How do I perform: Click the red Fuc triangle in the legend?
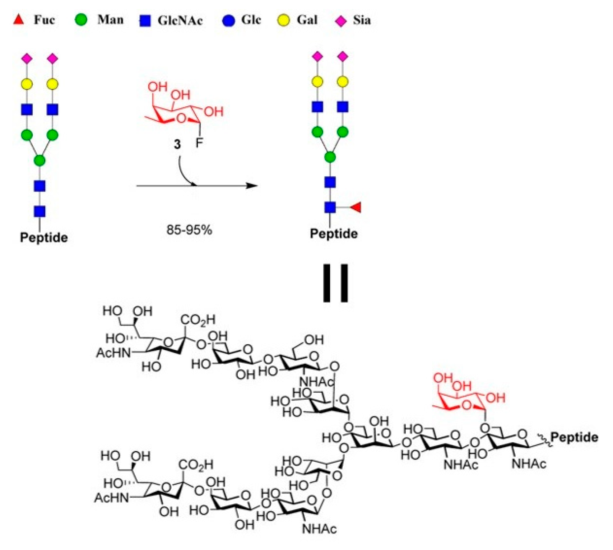[x=18, y=20]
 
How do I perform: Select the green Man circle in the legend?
[x=81, y=20]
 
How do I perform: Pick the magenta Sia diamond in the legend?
[x=340, y=21]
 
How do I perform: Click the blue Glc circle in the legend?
[x=228, y=20]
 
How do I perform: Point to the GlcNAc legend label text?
[x=180, y=20]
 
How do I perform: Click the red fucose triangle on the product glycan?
[x=356, y=208]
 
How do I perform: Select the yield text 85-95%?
[x=189, y=230]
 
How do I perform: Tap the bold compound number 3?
[x=177, y=144]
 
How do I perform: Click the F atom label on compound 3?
[x=199, y=143]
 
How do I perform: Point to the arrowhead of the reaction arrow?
[x=253, y=186]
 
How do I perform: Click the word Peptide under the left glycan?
[x=44, y=238]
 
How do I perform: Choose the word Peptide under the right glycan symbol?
[x=334, y=234]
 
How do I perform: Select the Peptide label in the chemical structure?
[x=574, y=437]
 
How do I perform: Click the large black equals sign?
[x=335, y=283]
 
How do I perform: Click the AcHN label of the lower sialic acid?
[x=112, y=498]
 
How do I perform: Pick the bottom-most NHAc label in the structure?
[x=319, y=529]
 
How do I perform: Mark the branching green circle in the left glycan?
[x=40, y=160]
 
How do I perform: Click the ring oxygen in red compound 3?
[x=182, y=118]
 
